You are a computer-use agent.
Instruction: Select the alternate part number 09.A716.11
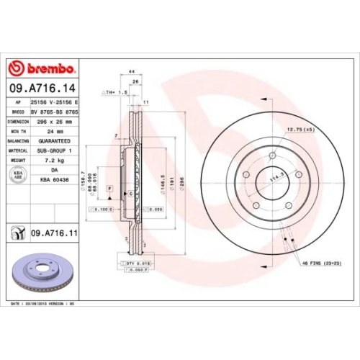pyautogui.click(x=54, y=233)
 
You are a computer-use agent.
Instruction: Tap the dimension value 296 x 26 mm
pyautogui.click(x=58, y=122)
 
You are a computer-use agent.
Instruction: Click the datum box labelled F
pyautogui.click(x=109, y=187)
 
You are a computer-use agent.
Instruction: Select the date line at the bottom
pyautogui.click(x=43, y=305)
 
